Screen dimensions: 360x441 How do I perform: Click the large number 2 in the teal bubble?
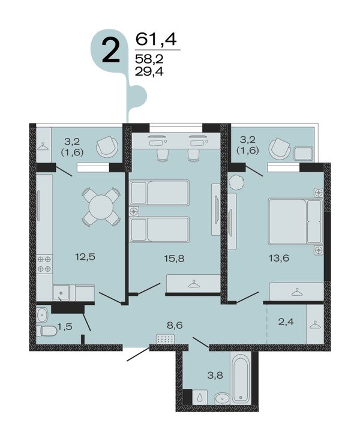point(111,50)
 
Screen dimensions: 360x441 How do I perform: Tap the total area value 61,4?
point(156,39)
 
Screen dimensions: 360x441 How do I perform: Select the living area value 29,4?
point(149,72)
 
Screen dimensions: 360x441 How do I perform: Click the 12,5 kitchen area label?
point(85,257)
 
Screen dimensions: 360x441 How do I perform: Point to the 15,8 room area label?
point(175,258)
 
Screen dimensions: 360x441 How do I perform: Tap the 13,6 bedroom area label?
point(279,258)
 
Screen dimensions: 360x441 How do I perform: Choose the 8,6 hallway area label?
point(175,325)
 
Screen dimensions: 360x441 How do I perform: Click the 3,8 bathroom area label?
point(215,375)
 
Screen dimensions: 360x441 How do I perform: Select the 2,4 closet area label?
point(286,321)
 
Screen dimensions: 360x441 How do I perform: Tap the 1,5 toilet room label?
point(65,326)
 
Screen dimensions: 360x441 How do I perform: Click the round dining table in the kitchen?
point(101,207)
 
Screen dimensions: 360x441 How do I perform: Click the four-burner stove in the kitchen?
point(44,263)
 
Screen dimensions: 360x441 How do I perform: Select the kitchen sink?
point(61,293)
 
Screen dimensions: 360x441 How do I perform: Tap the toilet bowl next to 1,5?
point(47,331)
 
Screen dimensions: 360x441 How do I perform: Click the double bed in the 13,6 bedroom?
point(295,221)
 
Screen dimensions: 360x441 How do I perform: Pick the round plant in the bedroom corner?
point(235,183)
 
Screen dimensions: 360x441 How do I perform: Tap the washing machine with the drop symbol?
point(200,397)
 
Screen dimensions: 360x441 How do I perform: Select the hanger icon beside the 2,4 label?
point(315,325)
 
